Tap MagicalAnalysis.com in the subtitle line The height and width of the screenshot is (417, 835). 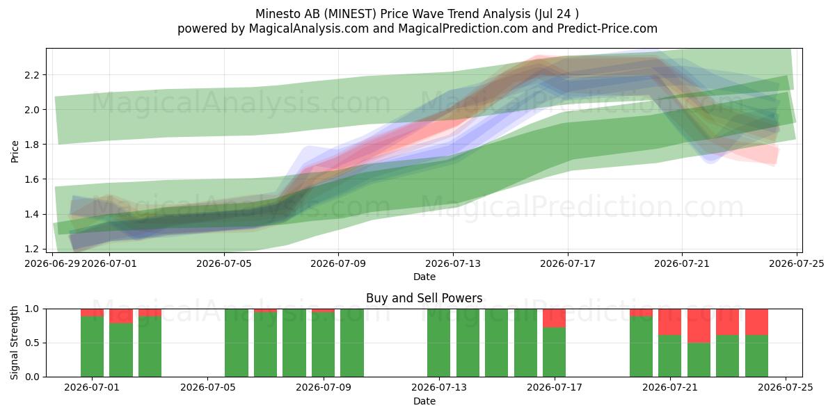[309, 28]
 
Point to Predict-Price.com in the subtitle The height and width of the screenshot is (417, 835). [607, 28]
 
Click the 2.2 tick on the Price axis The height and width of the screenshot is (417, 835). [31, 75]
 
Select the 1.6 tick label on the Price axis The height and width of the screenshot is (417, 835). [31, 179]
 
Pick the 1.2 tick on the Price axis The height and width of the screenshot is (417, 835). [31, 249]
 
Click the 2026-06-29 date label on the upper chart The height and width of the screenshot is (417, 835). [52, 263]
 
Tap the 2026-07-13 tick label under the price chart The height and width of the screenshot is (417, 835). [453, 263]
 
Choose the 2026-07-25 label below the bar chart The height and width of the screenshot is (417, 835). [786, 388]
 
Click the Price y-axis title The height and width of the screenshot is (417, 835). [15, 152]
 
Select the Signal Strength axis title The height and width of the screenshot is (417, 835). [14, 343]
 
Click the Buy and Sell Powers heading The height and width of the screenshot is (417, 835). [424, 298]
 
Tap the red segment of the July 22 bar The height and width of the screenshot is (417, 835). [699, 326]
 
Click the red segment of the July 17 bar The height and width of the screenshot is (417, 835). [555, 318]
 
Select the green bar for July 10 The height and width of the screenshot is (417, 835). [352, 343]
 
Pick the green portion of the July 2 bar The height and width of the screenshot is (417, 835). [121, 350]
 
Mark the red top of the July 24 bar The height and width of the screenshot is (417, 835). [757, 322]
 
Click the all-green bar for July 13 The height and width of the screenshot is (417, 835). [439, 343]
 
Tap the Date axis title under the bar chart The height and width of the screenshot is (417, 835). [424, 402]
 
